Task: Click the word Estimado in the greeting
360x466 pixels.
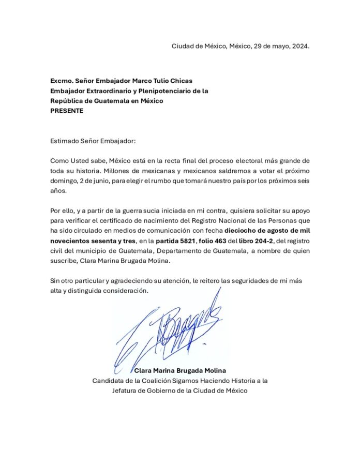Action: click(66, 140)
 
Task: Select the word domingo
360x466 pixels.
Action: click(64, 181)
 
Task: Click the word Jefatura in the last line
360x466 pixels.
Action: click(127, 390)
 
